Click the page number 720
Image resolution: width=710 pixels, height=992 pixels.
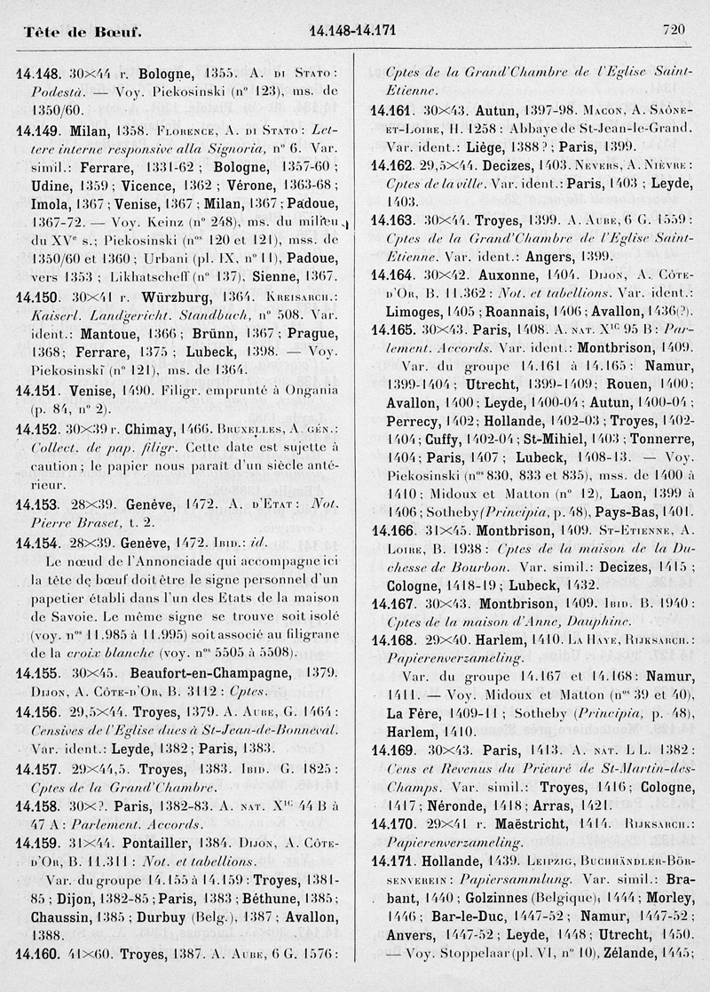click(x=674, y=29)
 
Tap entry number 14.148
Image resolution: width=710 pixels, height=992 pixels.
click(x=37, y=71)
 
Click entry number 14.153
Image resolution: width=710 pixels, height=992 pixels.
click(x=37, y=502)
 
